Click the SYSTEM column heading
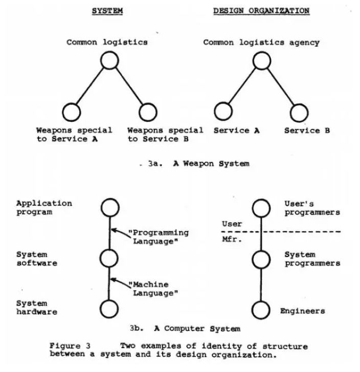click(107, 10)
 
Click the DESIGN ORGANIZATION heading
click(261, 10)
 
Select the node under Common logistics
click(109, 61)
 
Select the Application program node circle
click(109, 207)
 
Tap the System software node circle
click(109, 258)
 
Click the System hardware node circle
click(109, 308)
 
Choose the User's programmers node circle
click(261, 207)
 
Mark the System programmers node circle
click(261, 258)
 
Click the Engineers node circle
click(261, 308)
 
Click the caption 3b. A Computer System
click(185, 327)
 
